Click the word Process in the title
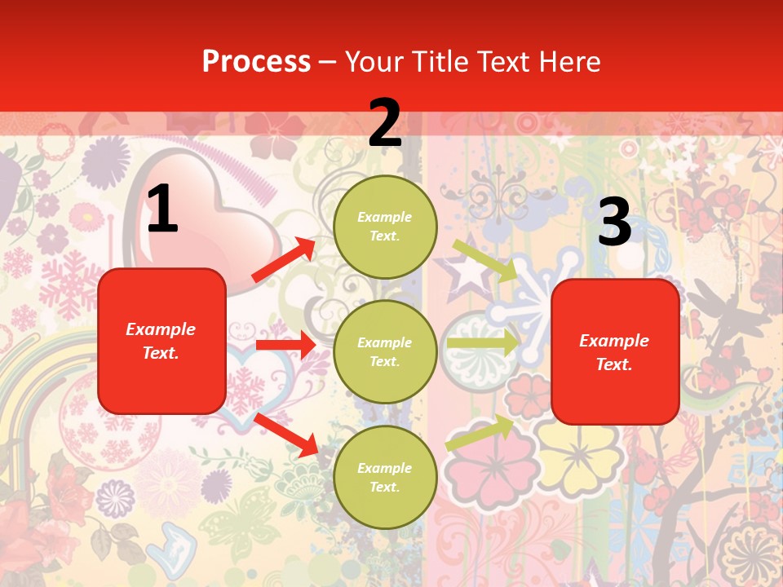[x=256, y=61]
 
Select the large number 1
[x=162, y=210]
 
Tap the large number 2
[x=385, y=124]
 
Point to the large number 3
[x=614, y=223]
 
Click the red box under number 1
[x=161, y=341]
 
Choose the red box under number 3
[x=615, y=352]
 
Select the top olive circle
[x=385, y=227]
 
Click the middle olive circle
[x=385, y=351]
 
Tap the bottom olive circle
[x=385, y=477]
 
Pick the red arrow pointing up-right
[x=284, y=260]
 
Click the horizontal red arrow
[x=285, y=346]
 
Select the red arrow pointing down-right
[x=286, y=435]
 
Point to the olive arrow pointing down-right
[x=485, y=260]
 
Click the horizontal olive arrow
[x=482, y=343]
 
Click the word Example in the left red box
[x=161, y=329]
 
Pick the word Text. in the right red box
[x=614, y=364]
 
